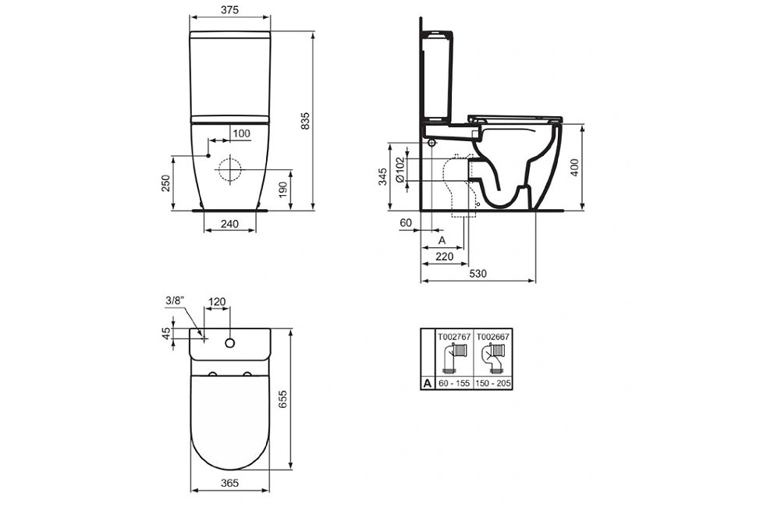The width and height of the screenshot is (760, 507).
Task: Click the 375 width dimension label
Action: (229, 9)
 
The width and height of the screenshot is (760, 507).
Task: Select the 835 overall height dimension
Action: (305, 121)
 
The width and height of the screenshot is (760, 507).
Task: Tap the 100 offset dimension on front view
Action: (241, 133)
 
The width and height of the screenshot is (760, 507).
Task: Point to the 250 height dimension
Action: (165, 183)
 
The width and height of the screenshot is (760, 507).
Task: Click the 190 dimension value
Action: (283, 190)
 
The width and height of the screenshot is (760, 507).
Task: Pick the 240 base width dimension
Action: (229, 223)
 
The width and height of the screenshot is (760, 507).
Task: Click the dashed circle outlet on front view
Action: (229, 169)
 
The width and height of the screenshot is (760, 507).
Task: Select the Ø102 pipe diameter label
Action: (400, 169)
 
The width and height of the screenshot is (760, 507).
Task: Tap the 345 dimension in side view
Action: (382, 176)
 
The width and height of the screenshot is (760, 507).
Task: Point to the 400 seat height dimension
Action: (574, 167)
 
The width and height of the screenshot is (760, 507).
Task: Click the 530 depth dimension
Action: (478, 274)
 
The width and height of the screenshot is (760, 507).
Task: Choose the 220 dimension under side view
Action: (445, 257)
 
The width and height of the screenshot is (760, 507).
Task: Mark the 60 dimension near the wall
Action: (406, 223)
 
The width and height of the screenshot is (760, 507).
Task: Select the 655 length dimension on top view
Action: (283, 399)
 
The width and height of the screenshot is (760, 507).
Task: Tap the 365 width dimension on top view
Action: (229, 483)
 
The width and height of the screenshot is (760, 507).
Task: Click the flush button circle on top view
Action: (229, 343)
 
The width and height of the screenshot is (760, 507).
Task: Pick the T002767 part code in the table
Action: (454, 336)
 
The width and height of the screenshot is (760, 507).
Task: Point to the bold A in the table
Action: (427, 383)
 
